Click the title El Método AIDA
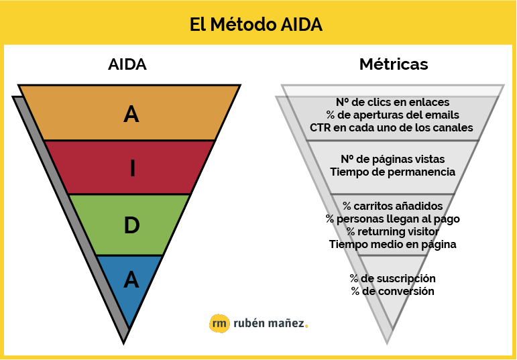[256, 24]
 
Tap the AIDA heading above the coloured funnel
[127, 64]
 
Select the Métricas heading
[394, 64]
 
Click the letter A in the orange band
[131, 115]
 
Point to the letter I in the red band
[133, 168]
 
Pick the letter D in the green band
[131, 225]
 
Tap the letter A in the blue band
[131, 280]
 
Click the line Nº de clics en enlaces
[392, 102]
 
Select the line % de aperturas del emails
[392, 115]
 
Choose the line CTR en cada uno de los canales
[392, 127]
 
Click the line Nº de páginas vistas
[392, 160]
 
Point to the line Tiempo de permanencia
[393, 172]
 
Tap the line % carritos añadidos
[392, 206]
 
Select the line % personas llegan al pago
[392, 219]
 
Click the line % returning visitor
[392, 231]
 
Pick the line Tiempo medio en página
[392, 245]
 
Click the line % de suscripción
[392, 279]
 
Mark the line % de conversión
[392, 292]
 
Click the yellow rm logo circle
[219, 323]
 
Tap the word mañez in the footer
[286, 323]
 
